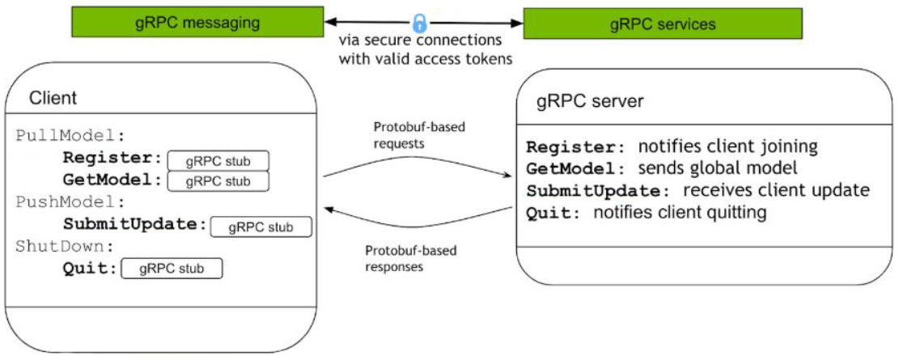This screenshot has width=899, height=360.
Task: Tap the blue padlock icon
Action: [420, 23]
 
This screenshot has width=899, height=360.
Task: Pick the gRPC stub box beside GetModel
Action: [218, 181]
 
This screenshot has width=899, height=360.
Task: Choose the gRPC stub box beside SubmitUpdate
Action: [261, 227]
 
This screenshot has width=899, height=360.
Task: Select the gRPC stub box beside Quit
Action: [171, 269]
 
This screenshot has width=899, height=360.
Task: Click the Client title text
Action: [53, 99]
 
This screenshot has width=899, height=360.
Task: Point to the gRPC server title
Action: [590, 101]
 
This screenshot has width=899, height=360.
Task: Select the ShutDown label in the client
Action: [65, 247]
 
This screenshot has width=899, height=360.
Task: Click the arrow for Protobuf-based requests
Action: [418, 163]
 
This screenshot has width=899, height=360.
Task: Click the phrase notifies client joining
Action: [727, 146]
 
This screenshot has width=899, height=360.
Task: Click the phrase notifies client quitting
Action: [680, 213]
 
